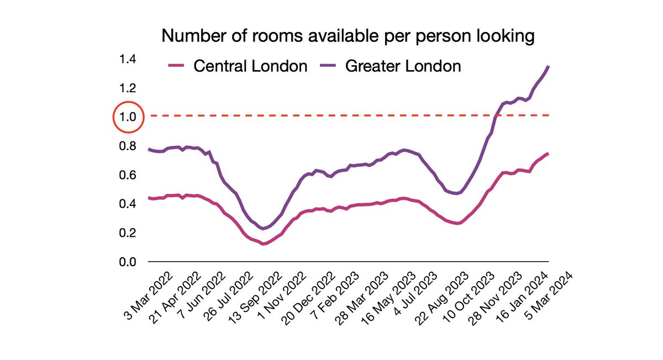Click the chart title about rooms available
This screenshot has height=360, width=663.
pyautogui.click(x=348, y=37)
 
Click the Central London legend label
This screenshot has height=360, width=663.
pyautogui.click(x=250, y=66)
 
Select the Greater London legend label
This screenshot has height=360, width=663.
pyautogui.click(x=403, y=66)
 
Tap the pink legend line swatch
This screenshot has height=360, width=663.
pyautogui.click(x=176, y=67)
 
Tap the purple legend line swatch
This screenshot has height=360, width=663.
pyautogui.click(x=329, y=67)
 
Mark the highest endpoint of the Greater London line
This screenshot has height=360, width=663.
pyautogui.click(x=548, y=66)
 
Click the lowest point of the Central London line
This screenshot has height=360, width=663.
pyautogui.click(x=264, y=243)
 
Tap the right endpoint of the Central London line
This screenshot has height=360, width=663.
pyautogui.click(x=548, y=153)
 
